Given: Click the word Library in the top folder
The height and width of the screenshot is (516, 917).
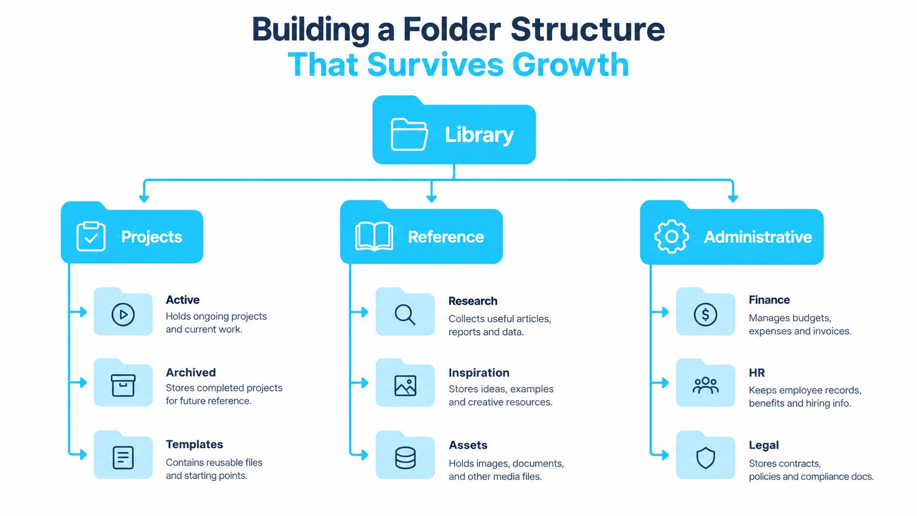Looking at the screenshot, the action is (479, 135).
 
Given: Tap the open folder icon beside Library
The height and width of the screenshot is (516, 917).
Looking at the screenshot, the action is (409, 134).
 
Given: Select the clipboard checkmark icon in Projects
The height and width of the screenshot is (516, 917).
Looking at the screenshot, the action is (91, 236).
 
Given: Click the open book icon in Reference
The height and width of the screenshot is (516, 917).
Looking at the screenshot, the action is (374, 236).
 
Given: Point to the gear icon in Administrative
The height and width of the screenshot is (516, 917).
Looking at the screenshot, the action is (671, 236).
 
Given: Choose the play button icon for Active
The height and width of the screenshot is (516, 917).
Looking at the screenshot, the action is (123, 314).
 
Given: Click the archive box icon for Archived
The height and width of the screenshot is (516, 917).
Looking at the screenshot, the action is (123, 385).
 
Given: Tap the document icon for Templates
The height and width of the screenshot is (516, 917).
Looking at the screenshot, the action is (123, 457).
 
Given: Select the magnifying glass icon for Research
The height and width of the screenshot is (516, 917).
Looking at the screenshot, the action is (405, 315).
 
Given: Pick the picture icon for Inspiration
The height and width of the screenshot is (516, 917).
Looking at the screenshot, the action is (405, 386).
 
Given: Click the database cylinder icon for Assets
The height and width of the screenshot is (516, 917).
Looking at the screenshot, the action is (405, 457).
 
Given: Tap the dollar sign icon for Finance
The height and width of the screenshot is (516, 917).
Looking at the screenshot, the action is (705, 314).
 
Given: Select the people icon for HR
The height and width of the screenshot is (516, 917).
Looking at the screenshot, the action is (705, 385).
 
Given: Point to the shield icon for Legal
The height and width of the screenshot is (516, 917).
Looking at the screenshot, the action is (705, 457).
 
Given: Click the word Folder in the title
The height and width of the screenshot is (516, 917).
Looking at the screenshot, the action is (451, 29).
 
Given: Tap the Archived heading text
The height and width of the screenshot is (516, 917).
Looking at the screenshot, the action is (191, 372).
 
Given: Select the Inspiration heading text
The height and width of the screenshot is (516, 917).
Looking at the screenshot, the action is (479, 373).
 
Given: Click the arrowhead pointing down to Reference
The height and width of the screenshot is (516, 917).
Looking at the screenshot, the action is (432, 199).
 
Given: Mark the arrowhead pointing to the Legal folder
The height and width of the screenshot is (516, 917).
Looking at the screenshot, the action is (665, 455).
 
